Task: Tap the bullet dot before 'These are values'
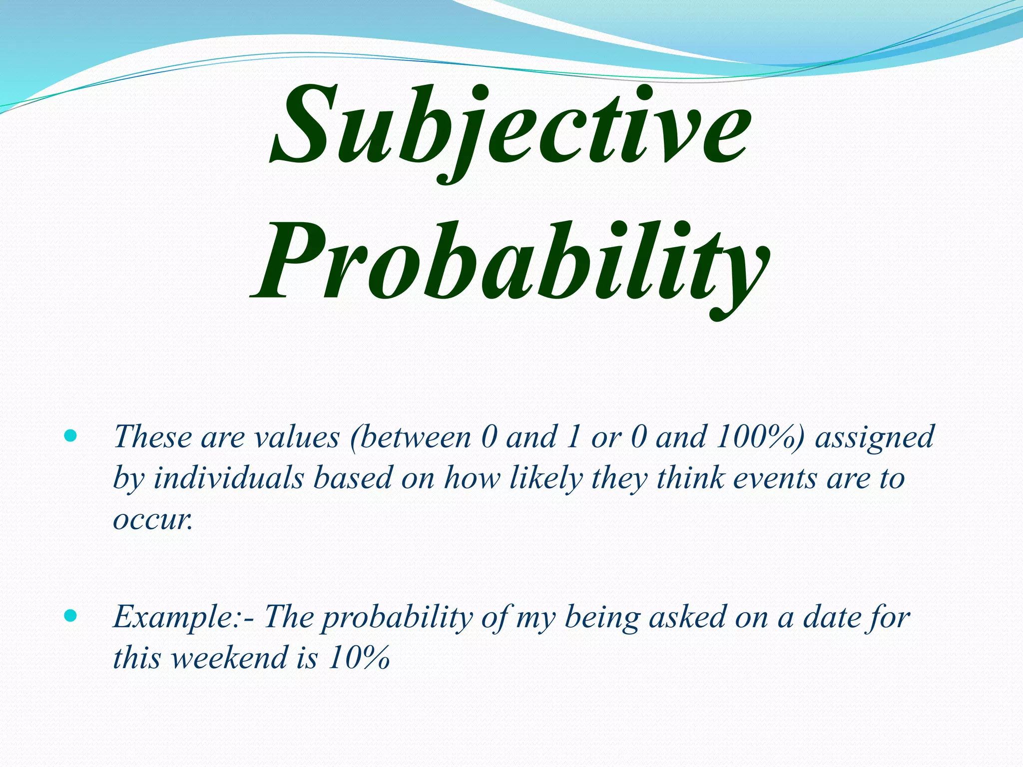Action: tap(71, 436)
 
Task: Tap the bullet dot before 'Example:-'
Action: tap(71, 616)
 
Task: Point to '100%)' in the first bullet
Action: tap(760, 437)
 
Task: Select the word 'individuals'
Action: tap(228, 478)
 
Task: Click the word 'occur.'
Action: tap(153, 520)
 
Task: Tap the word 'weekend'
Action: tap(230, 658)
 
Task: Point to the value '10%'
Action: tap(359, 658)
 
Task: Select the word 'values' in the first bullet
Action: tap(297, 437)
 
